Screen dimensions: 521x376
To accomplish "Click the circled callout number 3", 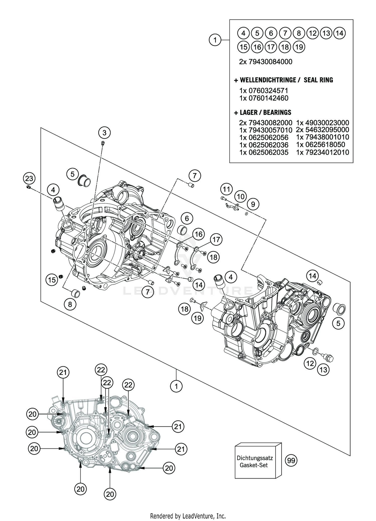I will coord(104,133).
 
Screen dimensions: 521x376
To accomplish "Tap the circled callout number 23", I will coord(29,179).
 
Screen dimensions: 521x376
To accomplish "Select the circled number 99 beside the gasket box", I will coord(291,460).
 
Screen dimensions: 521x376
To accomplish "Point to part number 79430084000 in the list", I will coord(270,62).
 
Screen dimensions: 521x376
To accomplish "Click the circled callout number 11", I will coord(226,189).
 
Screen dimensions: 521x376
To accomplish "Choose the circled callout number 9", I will coord(253,204).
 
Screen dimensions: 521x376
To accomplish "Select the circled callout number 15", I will coord(52,279).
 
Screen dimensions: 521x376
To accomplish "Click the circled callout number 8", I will coord(70,304).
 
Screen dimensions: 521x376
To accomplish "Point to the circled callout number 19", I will coord(198,318).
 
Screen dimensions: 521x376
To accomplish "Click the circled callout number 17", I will coord(216,240).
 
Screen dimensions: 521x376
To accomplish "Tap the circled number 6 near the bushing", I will coord(187,219).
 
